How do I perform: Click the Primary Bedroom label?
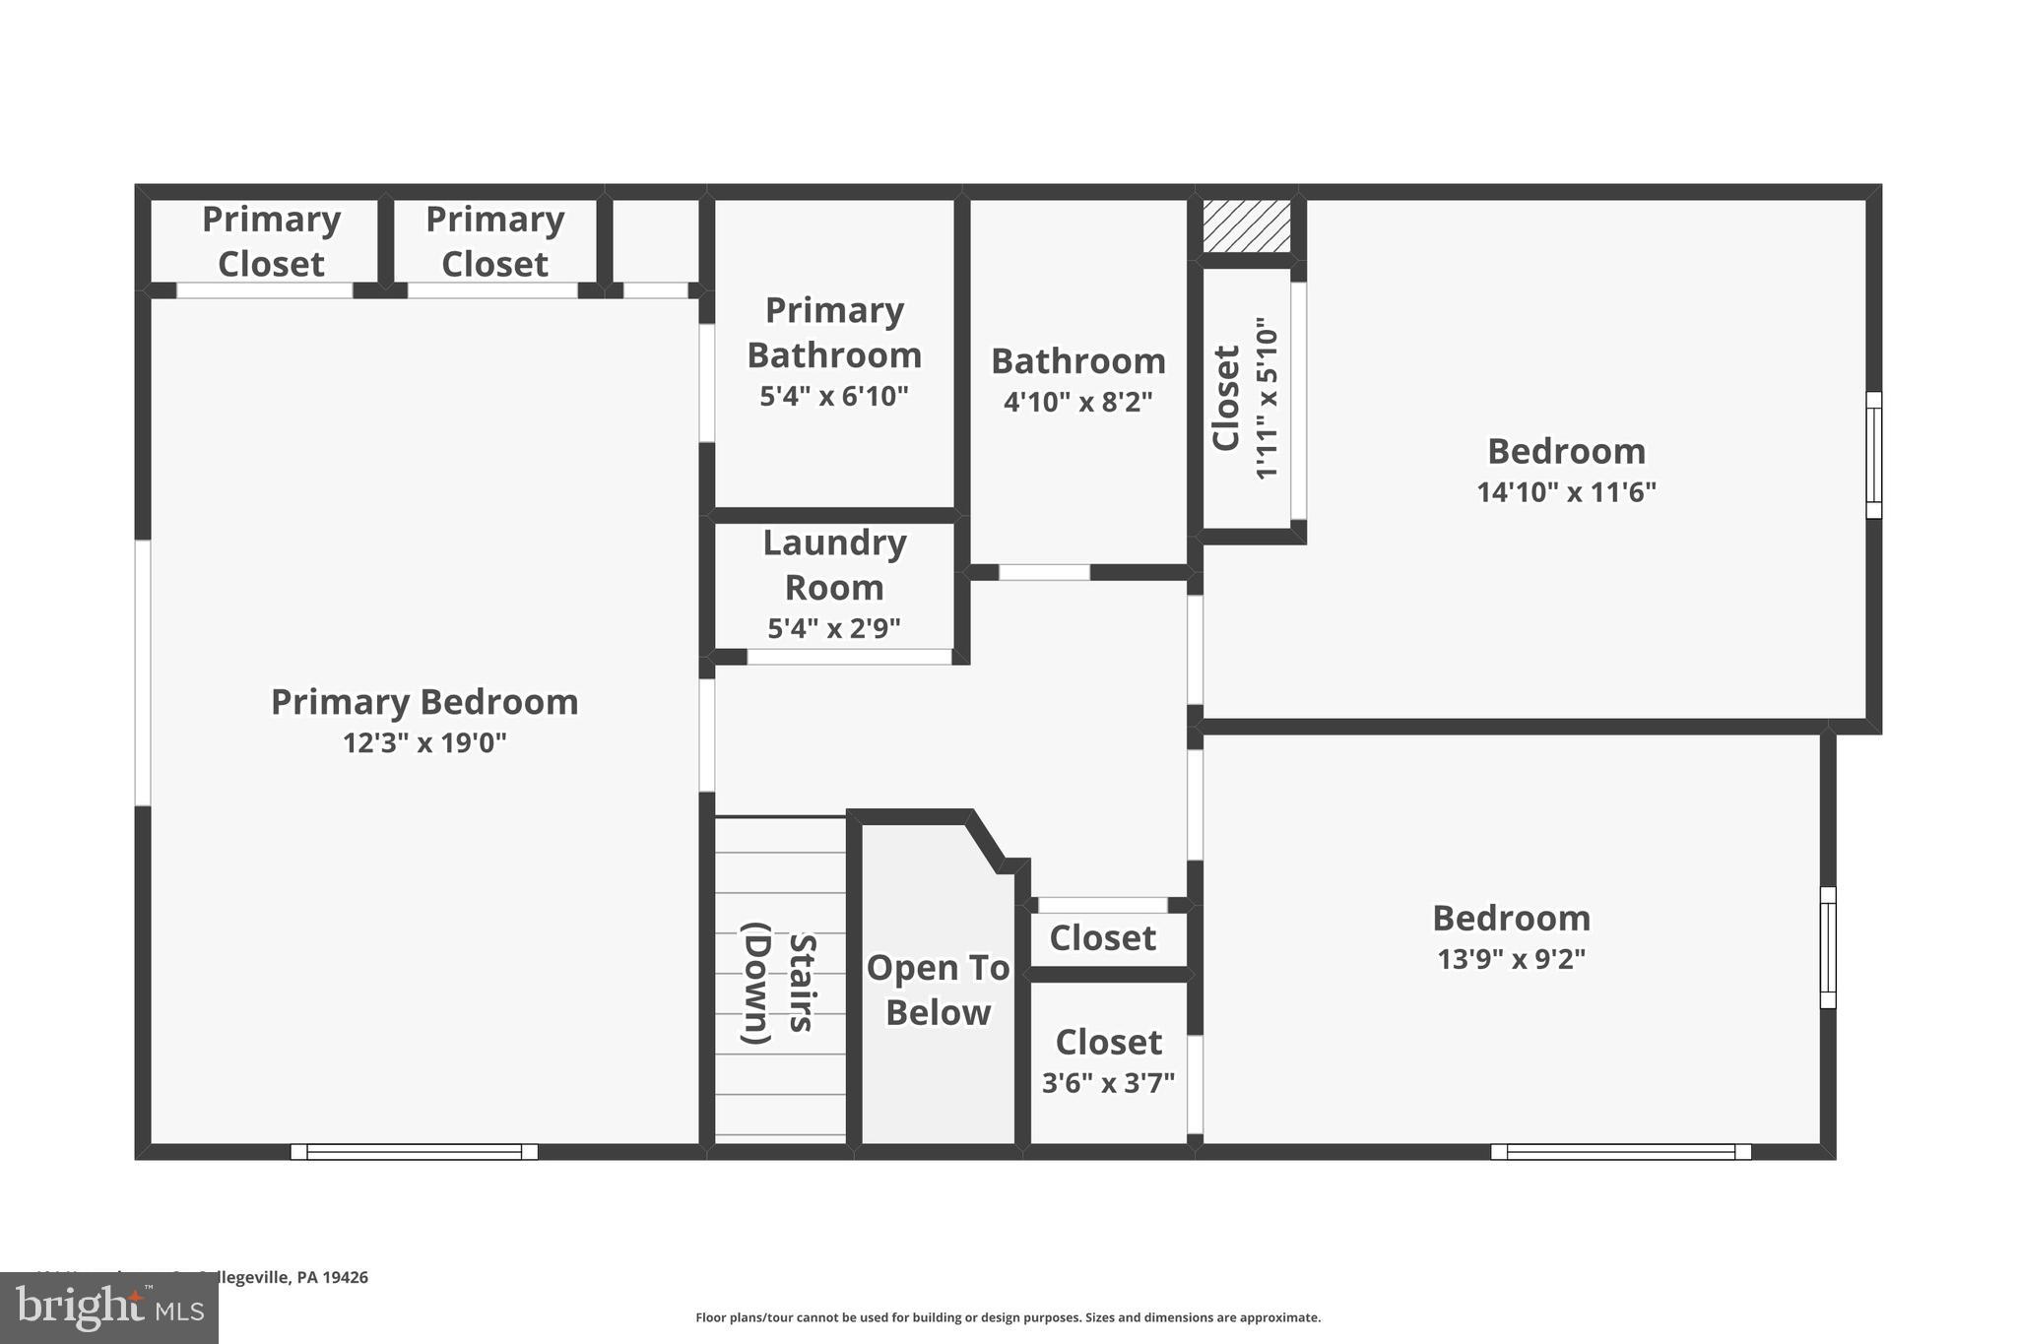click(424, 702)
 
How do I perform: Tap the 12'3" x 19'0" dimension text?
click(424, 743)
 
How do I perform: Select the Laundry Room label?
click(834, 565)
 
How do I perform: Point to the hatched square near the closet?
click(1247, 226)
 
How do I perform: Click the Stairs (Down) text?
click(779, 983)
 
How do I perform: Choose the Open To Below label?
click(938, 990)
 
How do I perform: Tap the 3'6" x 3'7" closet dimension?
click(1108, 1083)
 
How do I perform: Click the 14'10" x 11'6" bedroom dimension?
click(1566, 492)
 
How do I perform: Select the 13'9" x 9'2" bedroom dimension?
click(1511, 959)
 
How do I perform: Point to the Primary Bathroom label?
click(834, 333)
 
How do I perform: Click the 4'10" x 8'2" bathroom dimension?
click(1077, 403)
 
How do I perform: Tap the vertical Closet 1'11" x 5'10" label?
click(1245, 398)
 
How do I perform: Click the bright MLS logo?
click(109, 1308)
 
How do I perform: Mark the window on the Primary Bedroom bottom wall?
click(414, 1151)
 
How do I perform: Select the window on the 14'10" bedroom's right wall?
click(1873, 455)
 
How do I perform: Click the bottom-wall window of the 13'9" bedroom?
click(1620, 1151)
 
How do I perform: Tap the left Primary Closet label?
click(271, 241)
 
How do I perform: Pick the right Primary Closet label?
click(494, 241)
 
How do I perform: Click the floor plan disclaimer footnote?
click(1008, 1317)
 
